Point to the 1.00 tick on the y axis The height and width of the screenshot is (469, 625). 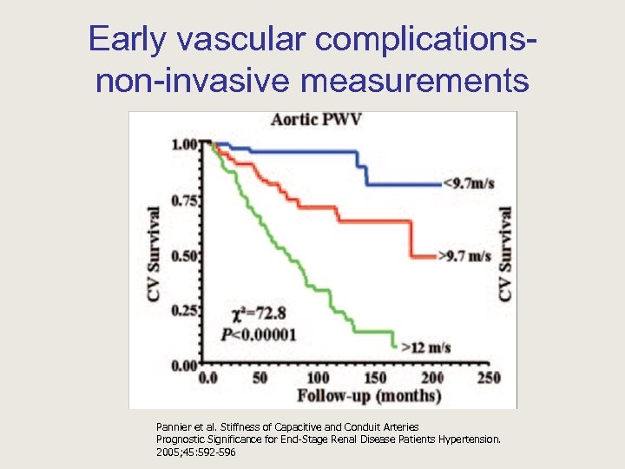coord(186,144)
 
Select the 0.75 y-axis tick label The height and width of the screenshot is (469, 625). coord(186,200)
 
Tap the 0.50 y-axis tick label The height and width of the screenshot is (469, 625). coord(186,255)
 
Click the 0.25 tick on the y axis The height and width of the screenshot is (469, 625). coord(186,311)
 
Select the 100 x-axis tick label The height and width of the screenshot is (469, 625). coord(319,378)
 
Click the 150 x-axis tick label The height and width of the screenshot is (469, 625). coord(375,378)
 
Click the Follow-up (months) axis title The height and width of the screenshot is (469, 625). coord(369,396)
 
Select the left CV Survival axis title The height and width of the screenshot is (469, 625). coord(155,254)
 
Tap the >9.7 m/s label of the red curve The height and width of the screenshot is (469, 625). coord(466,256)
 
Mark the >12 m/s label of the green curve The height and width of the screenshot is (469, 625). coord(425,347)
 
